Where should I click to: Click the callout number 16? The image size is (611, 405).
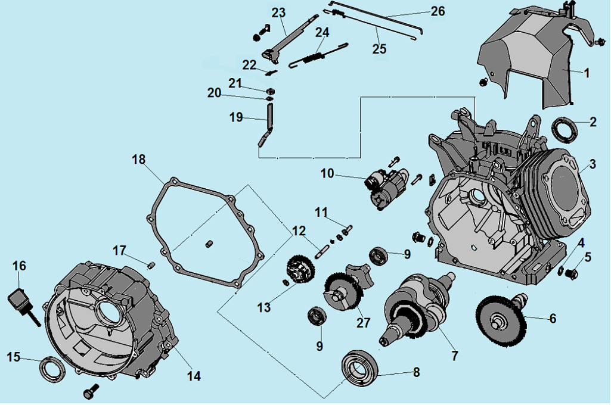pos(20,266)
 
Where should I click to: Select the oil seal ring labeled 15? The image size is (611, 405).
pos(52,367)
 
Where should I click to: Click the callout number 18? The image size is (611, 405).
pos(139,160)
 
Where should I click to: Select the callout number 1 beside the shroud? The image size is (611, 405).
pos(586,73)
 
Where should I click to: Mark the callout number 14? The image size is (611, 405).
pos(194,376)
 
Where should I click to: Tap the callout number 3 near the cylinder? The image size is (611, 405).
pos(593,164)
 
